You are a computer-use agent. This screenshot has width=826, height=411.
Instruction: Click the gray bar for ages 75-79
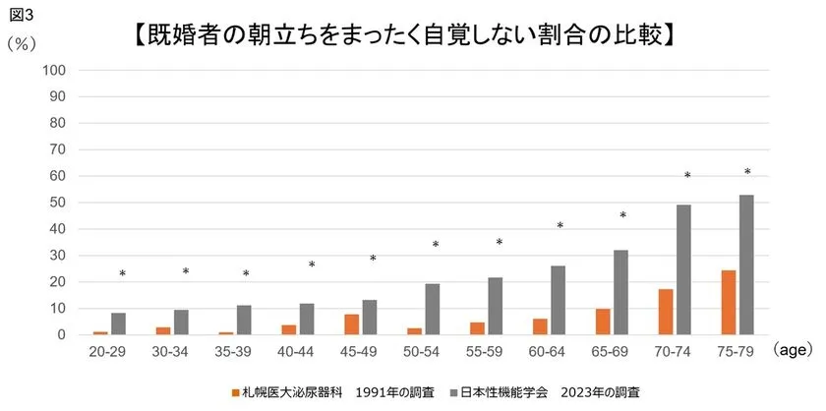point(747,264)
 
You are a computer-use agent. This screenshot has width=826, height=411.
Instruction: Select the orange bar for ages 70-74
point(666,312)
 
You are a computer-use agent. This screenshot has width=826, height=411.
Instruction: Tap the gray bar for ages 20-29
point(119,323)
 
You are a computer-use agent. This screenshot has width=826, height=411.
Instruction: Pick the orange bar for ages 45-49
point(352,324)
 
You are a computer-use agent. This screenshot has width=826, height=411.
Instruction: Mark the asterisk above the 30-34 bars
point(185,272)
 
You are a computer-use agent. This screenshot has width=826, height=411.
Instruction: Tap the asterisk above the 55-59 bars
point(499,243)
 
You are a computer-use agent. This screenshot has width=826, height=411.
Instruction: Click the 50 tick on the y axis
point(57,203)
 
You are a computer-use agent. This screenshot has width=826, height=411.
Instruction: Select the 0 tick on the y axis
point(61,335)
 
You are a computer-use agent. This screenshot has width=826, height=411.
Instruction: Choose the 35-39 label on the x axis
point(235,350)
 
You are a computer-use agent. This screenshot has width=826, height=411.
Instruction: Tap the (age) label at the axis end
point(791,349)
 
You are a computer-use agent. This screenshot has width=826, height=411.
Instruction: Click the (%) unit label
point(21,44)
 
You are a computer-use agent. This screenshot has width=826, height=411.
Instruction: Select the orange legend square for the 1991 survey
point(236,391)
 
